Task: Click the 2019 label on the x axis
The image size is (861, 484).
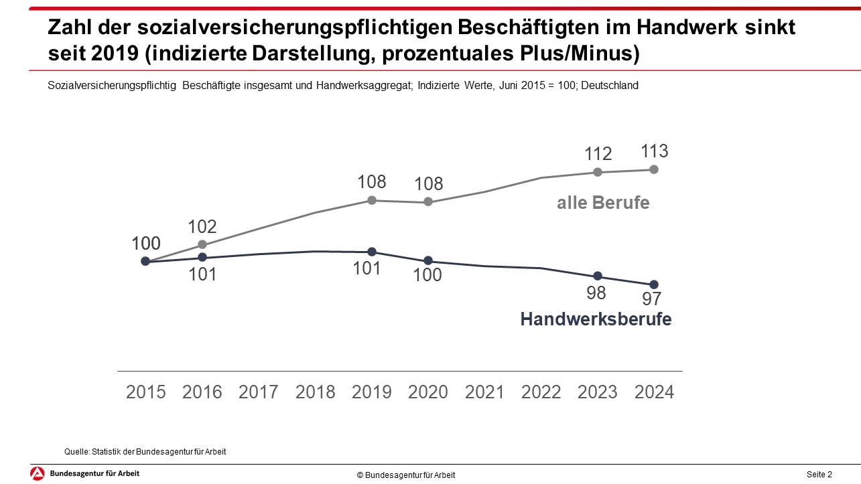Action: (x=372, y=392)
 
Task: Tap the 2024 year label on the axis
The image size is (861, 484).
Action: (x=654, y=392)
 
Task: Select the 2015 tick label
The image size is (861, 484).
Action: (x=145, y=392)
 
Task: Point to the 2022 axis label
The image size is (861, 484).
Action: (x=541, y=392)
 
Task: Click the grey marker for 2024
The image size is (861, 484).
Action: (x=654, y=169)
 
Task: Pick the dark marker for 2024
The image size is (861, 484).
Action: (x=654, y=285)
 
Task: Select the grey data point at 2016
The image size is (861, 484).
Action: (x=202, y=245)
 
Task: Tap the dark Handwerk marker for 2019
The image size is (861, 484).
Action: (x=372, y=252)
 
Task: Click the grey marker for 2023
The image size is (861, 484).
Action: (x=598, y=172)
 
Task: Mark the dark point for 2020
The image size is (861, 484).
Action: (x=428, y=260)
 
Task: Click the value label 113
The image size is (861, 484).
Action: (x=654, y=151)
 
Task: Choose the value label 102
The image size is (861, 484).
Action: (x=202, y=227)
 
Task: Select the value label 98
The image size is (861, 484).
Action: (x=596, y=293)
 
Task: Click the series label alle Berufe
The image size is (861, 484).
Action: (x=603, y=203)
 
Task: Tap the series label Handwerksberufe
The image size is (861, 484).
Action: (x=596, y=320)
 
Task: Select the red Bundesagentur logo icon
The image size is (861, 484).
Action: (x=38, y=473)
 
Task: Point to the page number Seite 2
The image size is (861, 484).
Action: (x=819, y=475)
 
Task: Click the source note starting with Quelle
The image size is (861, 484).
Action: (x=145, y=452)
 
